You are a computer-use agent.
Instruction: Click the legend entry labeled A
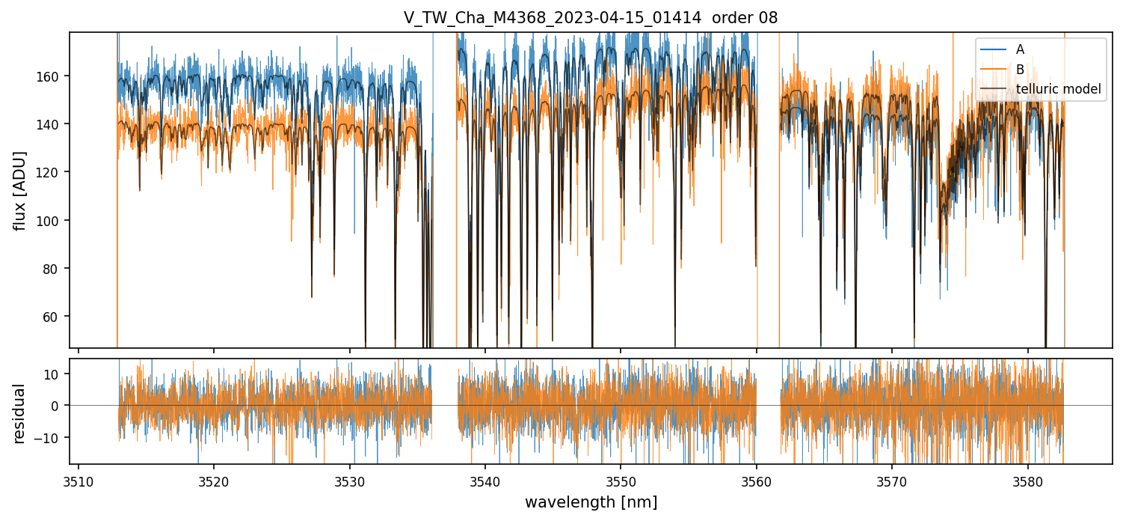tap(1020, 49)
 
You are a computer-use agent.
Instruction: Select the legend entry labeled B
tap(1020, 70)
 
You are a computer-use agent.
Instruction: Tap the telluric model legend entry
tap(1058, 90)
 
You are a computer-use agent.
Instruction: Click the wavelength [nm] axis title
tap(591, 502)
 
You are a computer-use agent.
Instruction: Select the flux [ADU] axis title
tap(20, 190)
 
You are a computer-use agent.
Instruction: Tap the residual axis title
tap(20, 412)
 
